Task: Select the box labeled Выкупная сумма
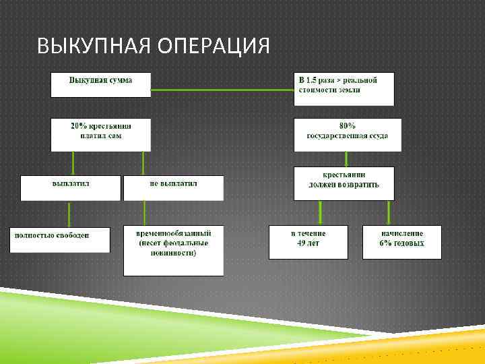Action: pyautogui.click(x=101, y=84)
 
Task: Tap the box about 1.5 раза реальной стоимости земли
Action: pyautogui.click(x=344, y=88)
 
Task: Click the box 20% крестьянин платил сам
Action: pyautogui.click(x=101, y=134)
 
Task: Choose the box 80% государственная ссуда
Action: pyautogui.click(x=347, y=135)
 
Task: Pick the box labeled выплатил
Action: pyautogui.click(x=71, y=187)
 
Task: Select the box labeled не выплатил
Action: pyautogui.click(x=173, y=187)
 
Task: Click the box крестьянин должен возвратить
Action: pyautogui.click(x=344, y=183)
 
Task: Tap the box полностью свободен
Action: pyautogui.click(x=60, y=239)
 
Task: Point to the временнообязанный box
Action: pyautogui.click(x=174, y=249)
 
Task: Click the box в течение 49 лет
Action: pyautogui.click(x=307, y=241)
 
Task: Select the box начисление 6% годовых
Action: pyautogui.click(x=401, y=241)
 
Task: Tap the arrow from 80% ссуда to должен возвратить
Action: pyautogui.click(x=346, y=159)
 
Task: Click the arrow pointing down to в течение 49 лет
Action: pyautogui.click(x=320, y=212)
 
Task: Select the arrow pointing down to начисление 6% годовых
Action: pyautogui.click(x=389, y=212)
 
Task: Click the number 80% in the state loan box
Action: pyautogui.click(x=347, y=126)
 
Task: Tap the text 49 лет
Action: pyautogui.click(x=307, y=243)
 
